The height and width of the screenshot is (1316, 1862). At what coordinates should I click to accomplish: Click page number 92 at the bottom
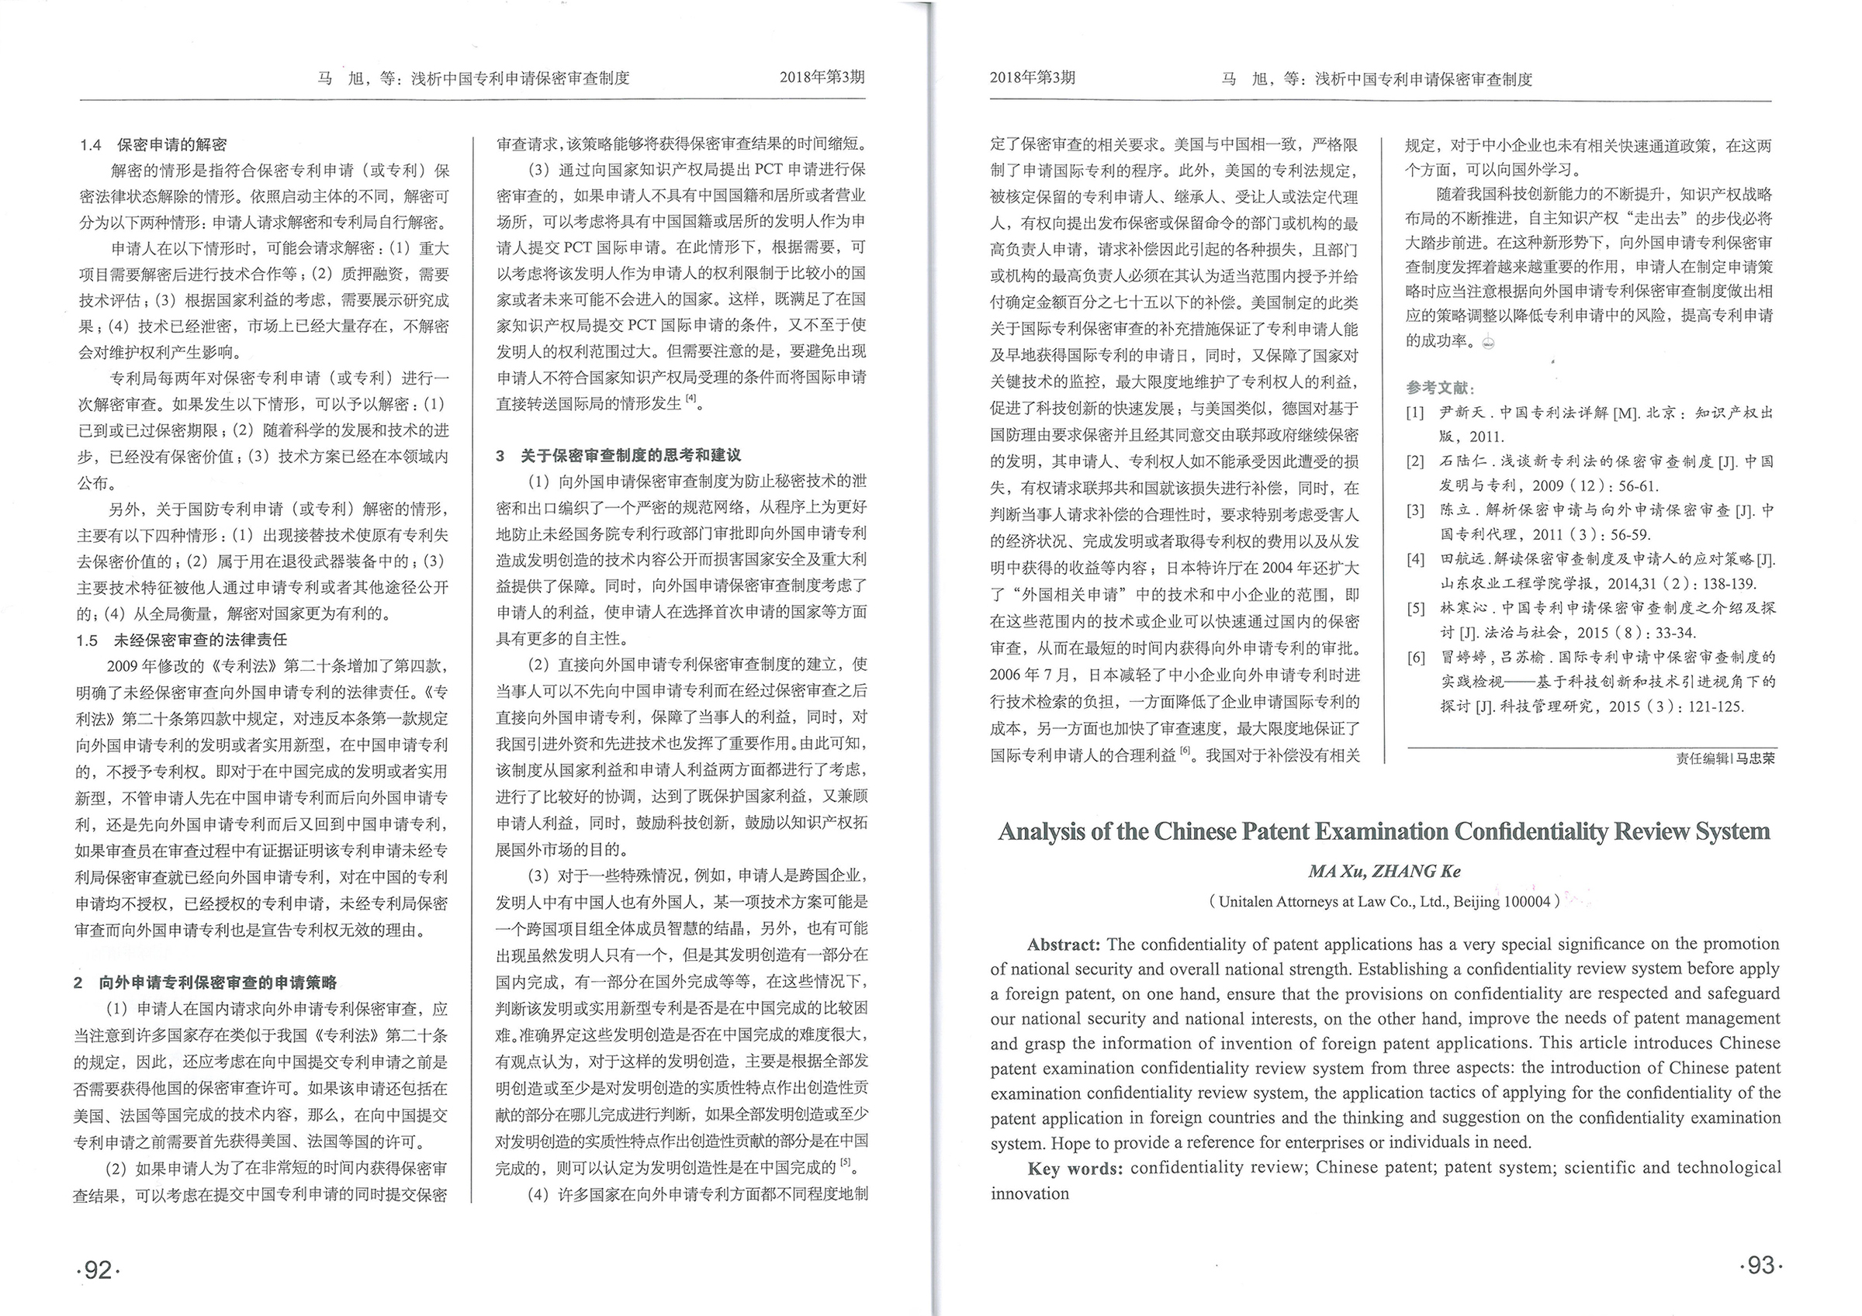[x=98, y=1269]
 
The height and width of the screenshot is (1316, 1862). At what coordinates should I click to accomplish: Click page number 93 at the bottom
[x=1760, y=1265]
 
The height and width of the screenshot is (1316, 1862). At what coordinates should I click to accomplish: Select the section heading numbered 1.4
[x=154, y=145]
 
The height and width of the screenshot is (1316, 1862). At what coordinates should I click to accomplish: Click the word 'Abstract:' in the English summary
[x=1063, y=945]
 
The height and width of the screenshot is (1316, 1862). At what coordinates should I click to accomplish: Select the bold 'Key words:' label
[x=1075, y=1169]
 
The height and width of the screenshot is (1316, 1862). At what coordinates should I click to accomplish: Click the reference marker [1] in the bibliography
[x=1415, y=413]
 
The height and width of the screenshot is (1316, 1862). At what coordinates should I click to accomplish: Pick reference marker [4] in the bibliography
[x=1415, y=559]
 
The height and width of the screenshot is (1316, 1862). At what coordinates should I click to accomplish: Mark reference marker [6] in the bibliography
[x=1415, y=658]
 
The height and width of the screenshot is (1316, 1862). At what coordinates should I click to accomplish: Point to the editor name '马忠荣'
[x=1755, y=759]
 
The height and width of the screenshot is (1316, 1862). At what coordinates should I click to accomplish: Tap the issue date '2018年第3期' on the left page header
[x=822, y=77]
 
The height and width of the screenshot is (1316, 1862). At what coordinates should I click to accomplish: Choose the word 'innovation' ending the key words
[x=1029, y=1193]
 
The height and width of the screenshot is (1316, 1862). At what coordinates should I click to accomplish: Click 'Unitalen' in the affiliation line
[x=1246, y=902]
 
